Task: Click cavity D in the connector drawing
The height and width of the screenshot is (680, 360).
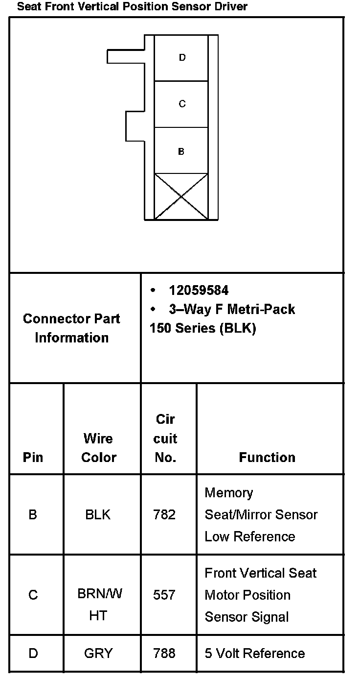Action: click(x=182, y=58)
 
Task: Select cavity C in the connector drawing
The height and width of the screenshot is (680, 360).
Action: click(x=182, y=104)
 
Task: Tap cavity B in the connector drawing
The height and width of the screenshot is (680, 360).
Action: click(x=181, y=151)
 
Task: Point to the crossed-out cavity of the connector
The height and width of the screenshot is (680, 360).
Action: click(x=181, y=196)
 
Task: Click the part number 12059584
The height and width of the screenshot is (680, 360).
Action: click(x=199, y=291)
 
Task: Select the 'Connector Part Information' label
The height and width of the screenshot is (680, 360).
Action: click(x=72, y=328)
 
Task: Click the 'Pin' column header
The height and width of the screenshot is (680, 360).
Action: click(x=33, y=458)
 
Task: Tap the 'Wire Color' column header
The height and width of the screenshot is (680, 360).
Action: click(x=98, y=448)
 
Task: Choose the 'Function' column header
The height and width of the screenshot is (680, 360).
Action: click(x=267, y=458)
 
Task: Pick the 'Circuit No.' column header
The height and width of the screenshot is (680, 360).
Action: click(x=165, y=438)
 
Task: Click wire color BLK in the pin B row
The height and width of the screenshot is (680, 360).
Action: click(x=98, y=515)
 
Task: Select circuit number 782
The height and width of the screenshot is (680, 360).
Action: click(x=164, y=515)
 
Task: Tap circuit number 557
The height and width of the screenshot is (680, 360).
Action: click(x=164, y=595)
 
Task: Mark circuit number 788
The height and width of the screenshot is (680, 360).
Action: click(x=164, y=654)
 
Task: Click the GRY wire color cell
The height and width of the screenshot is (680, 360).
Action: click(x=98, y=654)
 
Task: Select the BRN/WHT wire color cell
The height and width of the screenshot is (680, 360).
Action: click(x=99, y=605)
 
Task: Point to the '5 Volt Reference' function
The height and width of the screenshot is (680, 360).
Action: click(x=254, y=654)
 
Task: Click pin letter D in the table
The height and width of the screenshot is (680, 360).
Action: click(x=33, y=654)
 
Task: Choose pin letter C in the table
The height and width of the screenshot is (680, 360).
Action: click(x=33, y=595)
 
